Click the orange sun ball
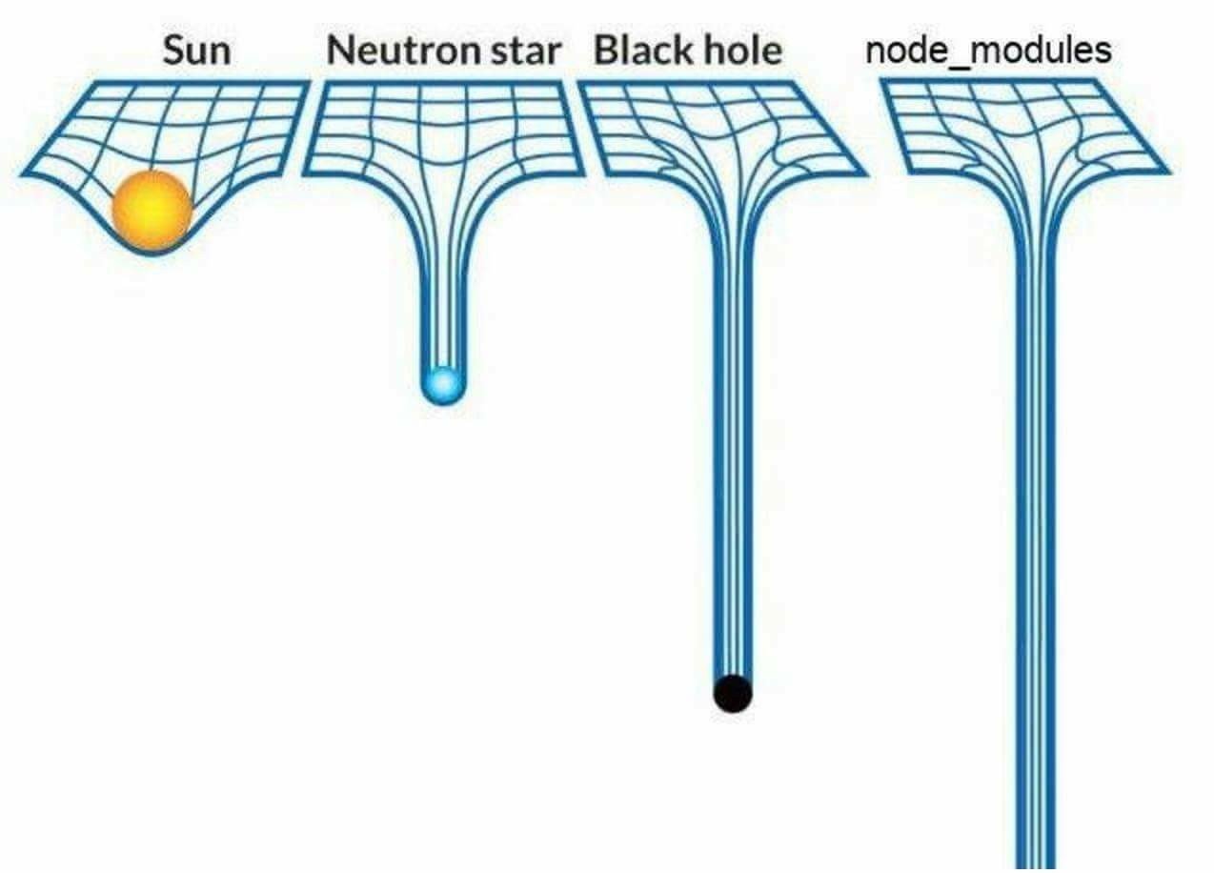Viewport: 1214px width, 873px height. pyautogui.click(x=152, y=211)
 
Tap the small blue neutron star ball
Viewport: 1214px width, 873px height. pyautogui.click(x=443, y=385)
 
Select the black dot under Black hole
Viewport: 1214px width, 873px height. pyautogui.click(x=733, y=693)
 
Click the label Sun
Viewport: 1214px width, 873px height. pyautogui.click(x=196, y=51)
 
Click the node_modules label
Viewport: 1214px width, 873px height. pyautogui.click(x=988, y=49)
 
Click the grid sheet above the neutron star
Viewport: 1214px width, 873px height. pyautogui.click(x=443, y=129)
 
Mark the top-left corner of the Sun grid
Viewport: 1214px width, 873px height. pyautogui.click(x=78, y=84)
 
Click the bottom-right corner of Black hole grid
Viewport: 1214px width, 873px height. pyautogui.click(x=863, y=174)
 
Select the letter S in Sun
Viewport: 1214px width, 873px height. pyautogui.click(x=172, y=51)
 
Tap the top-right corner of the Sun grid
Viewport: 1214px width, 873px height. pyautogui.click(x=308, y=83)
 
